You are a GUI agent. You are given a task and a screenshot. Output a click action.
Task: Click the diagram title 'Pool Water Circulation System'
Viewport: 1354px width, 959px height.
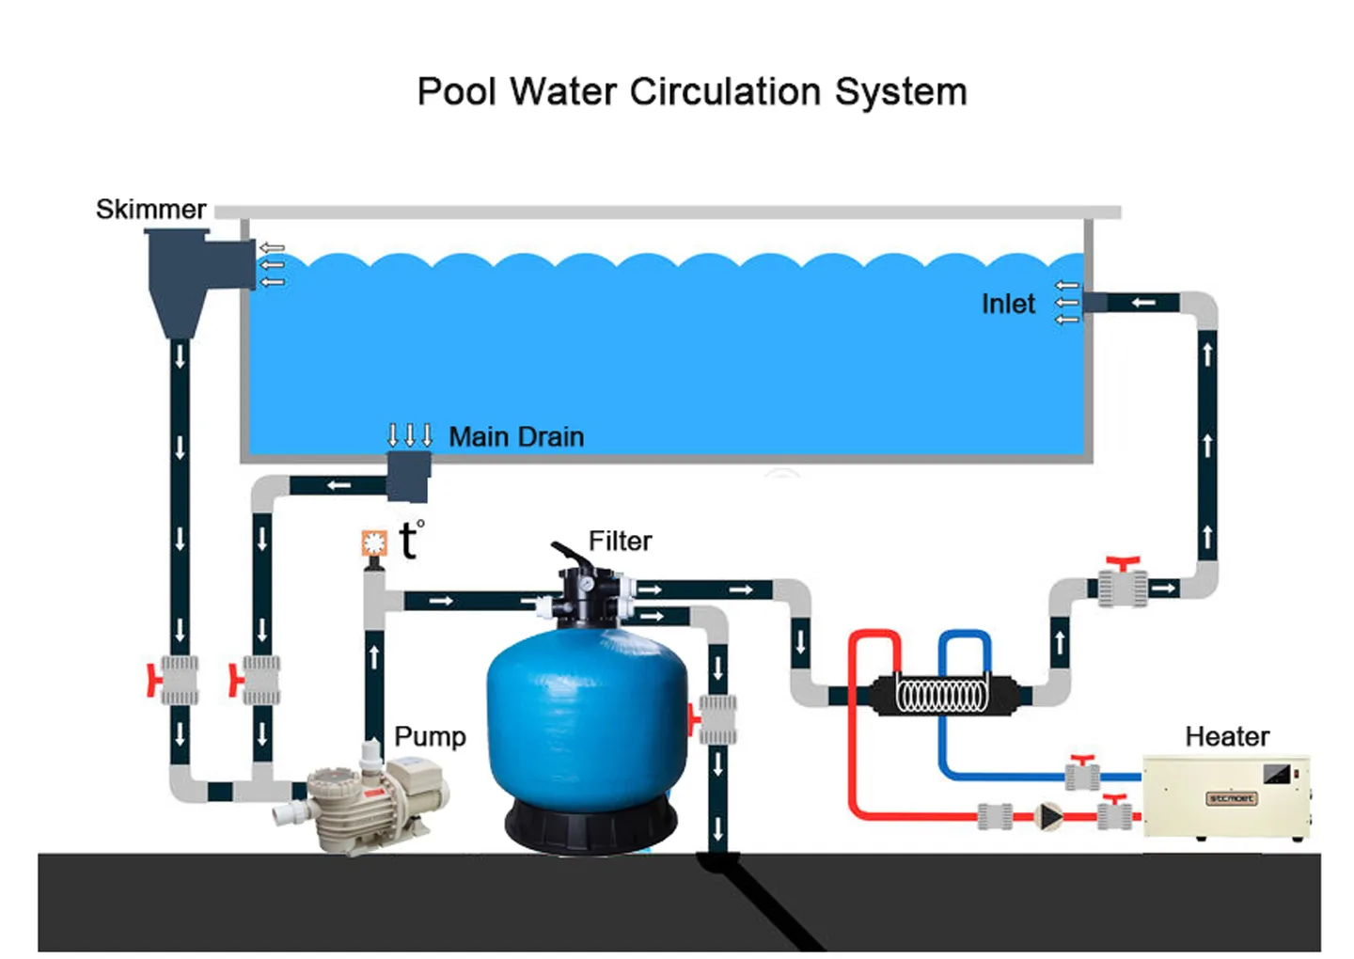[691, 92]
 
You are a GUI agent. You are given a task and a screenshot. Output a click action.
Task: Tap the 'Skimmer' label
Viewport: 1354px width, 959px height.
[150, 209]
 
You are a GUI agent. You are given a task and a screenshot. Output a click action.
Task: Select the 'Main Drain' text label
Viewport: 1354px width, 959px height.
[516, 436]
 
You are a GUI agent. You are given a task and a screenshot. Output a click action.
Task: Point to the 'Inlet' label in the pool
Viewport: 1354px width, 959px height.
[1007, 304]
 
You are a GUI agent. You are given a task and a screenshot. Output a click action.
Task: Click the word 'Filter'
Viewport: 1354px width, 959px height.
[620, 541]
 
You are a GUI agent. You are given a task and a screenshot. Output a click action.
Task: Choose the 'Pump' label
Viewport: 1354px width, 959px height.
[430, 736]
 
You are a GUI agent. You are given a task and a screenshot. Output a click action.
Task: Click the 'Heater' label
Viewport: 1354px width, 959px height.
[1226, 736]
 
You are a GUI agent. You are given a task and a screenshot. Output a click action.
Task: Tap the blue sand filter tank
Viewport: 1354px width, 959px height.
[586, 715]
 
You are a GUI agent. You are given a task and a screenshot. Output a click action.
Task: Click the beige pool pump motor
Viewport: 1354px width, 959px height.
[376, 799]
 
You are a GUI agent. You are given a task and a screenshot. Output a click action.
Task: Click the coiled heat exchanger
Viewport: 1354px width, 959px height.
[942, 696]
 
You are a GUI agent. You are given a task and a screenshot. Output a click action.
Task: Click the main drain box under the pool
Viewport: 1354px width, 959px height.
[408, 476]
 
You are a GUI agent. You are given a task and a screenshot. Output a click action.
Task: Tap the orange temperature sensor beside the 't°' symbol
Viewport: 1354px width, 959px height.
[374, 543]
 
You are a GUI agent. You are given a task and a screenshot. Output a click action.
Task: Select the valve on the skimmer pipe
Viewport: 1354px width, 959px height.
[178, 680]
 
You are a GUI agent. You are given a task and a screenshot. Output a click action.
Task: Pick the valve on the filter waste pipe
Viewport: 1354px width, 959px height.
[716, 719]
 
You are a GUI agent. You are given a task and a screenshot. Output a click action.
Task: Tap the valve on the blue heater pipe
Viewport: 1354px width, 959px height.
[1083, 775]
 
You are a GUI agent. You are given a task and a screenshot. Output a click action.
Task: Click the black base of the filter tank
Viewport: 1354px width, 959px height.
[590, 827]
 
